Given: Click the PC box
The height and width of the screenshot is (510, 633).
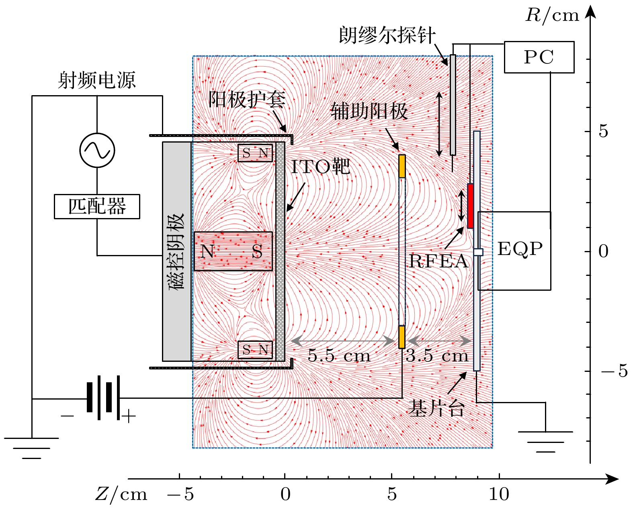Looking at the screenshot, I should tap(539, 57).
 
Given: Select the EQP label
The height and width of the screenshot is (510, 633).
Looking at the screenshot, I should tap(520, 249).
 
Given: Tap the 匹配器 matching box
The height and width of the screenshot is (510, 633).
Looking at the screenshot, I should tap(97, 206).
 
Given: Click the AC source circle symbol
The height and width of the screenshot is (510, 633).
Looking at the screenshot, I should tap(97, 150).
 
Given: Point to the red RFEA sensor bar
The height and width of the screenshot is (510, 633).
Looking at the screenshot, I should tap(470, 206).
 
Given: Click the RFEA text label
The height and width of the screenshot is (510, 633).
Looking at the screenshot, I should tap(438, 261).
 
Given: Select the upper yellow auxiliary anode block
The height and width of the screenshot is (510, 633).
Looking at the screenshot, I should tap(402, 166).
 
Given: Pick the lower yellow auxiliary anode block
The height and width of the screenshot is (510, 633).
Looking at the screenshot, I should tap(402, 337).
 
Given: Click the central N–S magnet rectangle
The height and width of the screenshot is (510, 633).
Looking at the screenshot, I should tap(233, 251).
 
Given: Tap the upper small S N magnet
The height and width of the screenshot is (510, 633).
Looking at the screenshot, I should tap(255, 153).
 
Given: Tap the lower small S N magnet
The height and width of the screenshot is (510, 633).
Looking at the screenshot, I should tap(255, 350).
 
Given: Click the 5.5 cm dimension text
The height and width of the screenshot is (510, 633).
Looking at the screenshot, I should tap(339, 356).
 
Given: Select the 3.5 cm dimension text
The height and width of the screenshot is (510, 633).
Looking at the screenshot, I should tap(437, 356).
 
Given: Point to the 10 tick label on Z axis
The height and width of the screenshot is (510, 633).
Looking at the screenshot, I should tap(499, 494).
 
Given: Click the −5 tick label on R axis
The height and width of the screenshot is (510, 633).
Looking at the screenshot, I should tap(614, 371).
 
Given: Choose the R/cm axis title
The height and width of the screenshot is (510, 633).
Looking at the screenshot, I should tap(552, 15).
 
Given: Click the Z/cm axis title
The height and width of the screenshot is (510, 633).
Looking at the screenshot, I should tap(121, 494).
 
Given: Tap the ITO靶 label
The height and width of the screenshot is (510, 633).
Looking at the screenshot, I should tap(320, 167).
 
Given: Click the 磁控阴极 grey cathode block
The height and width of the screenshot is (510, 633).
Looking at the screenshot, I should tap(176, 251).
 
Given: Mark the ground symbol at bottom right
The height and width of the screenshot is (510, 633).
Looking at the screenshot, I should tap(545, 441).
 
